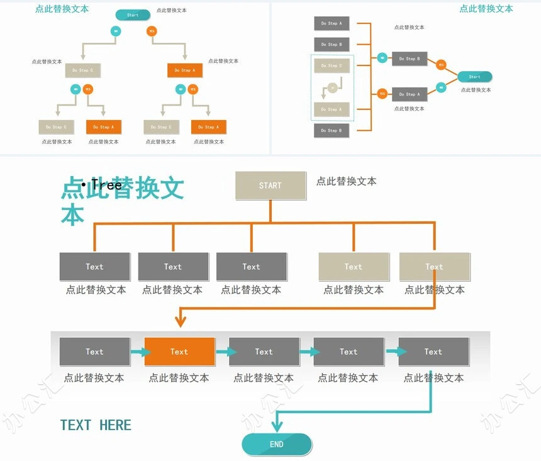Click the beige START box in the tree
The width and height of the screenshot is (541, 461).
(x=270, y=186)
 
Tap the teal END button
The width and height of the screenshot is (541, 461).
(x=277, y=444)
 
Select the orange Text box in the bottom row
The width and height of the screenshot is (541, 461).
(x=179, y=352)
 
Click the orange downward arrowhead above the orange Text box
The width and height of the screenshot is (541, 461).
(x=181, y=321)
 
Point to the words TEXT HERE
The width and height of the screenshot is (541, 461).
(x=96, y=425)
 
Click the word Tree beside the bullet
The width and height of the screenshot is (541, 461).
(x=106, y=184)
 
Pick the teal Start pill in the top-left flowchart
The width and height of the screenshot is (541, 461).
(x=133, y=15)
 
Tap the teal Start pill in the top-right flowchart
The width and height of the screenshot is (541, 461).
(x=474, y=77)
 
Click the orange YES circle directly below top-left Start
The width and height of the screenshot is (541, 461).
(x=152, y=31)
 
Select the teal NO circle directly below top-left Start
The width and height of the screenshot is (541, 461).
(x=116, y=31)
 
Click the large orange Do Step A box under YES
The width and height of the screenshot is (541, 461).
(x=185, y=70)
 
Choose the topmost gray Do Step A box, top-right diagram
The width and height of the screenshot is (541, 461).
(x=332, y=23)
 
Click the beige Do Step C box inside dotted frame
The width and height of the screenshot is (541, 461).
(x=332, y=65)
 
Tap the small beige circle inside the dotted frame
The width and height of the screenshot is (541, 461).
(x=332, y=87)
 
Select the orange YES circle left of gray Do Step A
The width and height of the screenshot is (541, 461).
(x=382, y=94)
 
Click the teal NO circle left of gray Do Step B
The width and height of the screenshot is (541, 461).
(x=382, y=58)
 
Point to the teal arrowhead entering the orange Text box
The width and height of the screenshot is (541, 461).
(x=145, y=352)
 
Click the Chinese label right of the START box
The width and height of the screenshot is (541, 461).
(x=346, y=181)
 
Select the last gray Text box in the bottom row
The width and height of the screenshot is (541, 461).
(x=433, y=352)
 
